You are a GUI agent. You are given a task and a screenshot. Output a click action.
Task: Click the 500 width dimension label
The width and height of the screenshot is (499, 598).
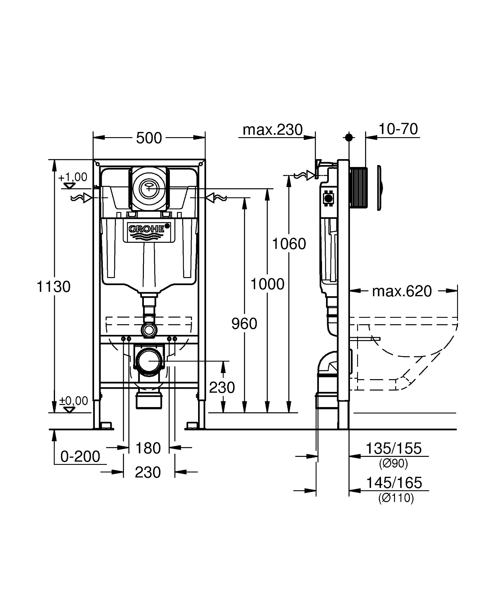[x=149, y=138]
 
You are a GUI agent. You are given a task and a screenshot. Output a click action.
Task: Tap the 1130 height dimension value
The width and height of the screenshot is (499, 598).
[x=53, y=287]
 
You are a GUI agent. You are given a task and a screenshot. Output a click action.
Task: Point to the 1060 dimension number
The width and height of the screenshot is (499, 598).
[x=289, y=244]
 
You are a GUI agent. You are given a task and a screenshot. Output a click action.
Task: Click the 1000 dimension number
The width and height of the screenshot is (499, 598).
[x=267, y=284]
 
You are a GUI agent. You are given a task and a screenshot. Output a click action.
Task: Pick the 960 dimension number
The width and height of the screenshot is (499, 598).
[x=244, y=324]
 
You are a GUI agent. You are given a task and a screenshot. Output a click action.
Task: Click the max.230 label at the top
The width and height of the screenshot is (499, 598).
[x=273, y=130]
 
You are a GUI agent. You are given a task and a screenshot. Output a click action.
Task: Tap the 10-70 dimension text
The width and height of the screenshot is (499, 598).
[x=398, y=129]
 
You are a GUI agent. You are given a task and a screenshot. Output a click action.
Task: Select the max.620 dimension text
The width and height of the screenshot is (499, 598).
[x=402, y=291]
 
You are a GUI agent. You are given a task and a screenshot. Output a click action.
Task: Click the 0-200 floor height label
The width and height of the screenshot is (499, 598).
[x=80, y=456]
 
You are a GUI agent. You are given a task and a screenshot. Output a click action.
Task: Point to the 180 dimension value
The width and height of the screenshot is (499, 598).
[x=148, y=448]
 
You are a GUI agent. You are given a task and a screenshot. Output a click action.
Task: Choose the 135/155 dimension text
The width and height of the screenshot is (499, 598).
[x=393, y=448]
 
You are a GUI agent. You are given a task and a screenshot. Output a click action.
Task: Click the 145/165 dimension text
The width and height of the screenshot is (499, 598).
[x=394, y=483]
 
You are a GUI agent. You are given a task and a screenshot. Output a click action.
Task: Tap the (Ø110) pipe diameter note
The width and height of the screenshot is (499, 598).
[x=396, y=498]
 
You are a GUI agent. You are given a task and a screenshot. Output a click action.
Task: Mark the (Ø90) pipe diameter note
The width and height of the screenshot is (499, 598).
[x=393, y=463]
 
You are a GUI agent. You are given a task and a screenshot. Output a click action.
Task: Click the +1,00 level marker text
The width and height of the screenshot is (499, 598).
[x=73, y=177]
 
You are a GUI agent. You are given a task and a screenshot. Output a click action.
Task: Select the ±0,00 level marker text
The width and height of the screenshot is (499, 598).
[x=73, y=401]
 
